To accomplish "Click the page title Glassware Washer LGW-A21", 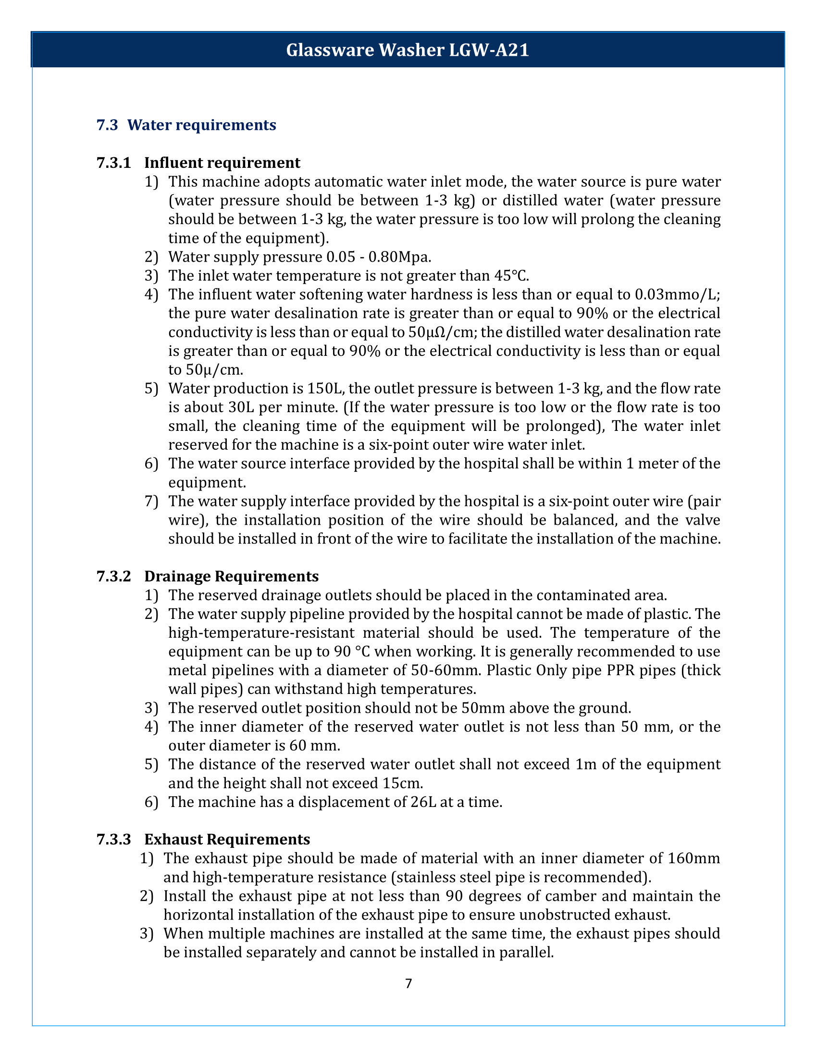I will pyautogui.click(x=408, y=50).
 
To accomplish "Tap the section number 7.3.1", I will pyautogui.click(x=114, y=163).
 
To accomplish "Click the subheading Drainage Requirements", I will pyautogui.click(x=231, y=577).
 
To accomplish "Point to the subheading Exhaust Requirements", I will pyautogui.click(x=227, y=839).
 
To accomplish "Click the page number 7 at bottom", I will pyautogui.click(x=408, y=983).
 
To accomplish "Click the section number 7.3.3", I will pyautogui.click(x=114, y=839).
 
